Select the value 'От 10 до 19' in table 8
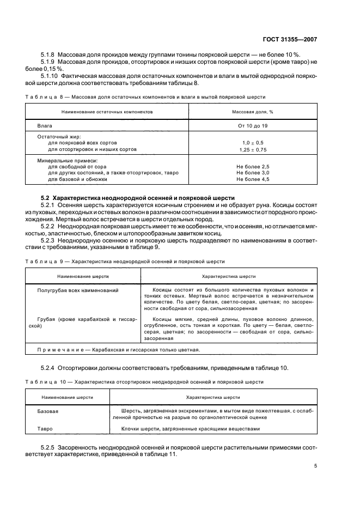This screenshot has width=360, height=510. click(x=252, y=125)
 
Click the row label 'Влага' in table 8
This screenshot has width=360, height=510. click(x=44, y=125)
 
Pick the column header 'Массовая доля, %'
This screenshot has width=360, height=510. click(x=252, y=111)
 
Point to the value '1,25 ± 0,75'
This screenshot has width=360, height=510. click(x=252, y=149)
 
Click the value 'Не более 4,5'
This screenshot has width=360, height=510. click(x=253, y=179)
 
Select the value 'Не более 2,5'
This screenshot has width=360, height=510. click(x=253, y=166)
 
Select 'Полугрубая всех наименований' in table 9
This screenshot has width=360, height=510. click(x=77, y=290)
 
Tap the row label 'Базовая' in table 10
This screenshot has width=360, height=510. click(x=47, y=411)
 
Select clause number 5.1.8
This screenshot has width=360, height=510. click(x=50, y=54)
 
